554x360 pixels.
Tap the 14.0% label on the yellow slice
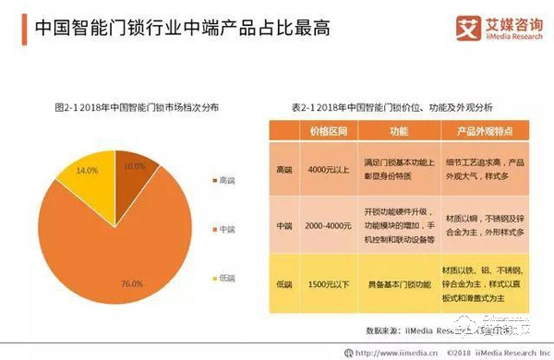point(88,172)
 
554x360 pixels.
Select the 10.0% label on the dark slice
point(135,167)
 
